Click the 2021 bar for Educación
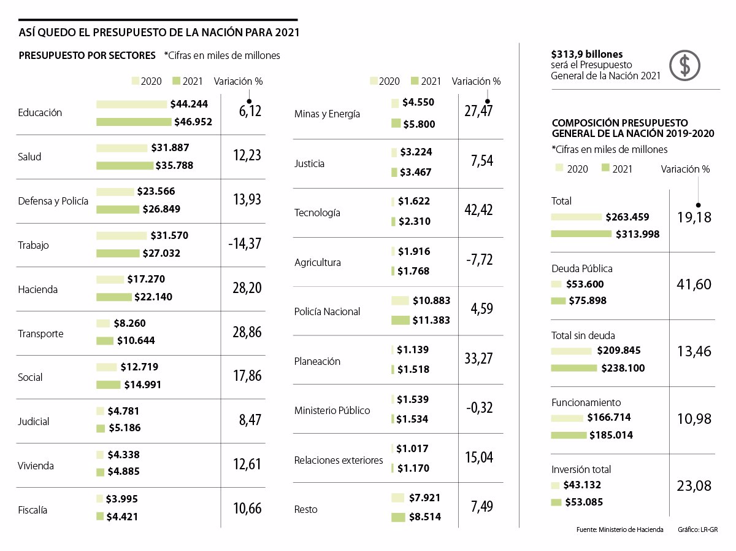[134, 122]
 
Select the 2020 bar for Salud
[123, 148]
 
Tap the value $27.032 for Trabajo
[161, 253]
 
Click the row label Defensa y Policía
[53, 201]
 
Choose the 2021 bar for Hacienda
[114, 297]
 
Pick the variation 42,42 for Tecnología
[478, 210]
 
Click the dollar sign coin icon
[684, 65]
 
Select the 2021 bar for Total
[581, 234]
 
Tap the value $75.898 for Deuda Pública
[586, 301]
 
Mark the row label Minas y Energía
[327, 114]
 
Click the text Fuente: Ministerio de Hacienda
[619, 530]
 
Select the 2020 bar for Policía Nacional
[400, 301]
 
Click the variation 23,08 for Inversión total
[695, 487]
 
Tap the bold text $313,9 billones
[587, 54]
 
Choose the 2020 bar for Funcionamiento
[567, 418]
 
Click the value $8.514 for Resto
[422, 517]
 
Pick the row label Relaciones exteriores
[339, 460]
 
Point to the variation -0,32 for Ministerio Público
[478, 408]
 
